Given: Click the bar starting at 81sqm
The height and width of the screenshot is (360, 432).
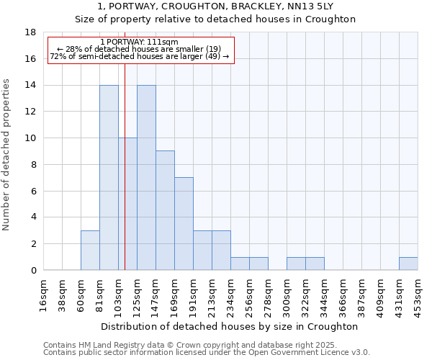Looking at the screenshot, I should coord(109,178).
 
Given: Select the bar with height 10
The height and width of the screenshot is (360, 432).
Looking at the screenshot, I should coord(127,204).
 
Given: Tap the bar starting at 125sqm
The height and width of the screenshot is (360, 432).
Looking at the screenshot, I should coord(146,178).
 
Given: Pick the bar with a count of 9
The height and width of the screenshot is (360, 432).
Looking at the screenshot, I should coord(165,210).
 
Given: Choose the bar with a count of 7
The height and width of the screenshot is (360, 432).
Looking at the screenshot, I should coord(184,224).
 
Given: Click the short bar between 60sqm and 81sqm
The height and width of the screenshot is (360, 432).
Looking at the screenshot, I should coord(90,251).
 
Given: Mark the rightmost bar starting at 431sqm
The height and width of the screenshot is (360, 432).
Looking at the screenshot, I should coord(408,264).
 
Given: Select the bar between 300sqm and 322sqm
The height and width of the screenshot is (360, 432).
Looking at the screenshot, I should coord(296,264).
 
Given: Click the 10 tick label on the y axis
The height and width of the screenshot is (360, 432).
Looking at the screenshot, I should coord(30,138).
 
